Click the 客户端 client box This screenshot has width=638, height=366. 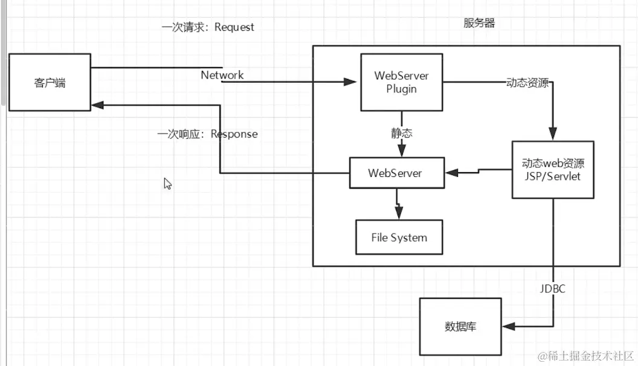coord(50,82)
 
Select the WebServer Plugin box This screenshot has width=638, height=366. coord(401,82)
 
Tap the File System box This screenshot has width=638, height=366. coord(399,237)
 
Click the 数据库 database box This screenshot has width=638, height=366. coord(460,326)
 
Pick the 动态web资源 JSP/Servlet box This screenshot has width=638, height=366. coord(553,170)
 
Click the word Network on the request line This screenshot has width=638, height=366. coord(222,75)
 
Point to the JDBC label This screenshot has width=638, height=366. coord(552,289)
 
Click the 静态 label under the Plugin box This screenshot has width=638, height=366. coord(401,133)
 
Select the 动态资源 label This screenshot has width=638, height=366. coord(527,83)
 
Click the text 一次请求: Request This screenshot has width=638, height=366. coord(208,27)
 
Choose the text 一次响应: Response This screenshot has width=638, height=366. coord(207,134)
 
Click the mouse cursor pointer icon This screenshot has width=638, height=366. coord(167,184)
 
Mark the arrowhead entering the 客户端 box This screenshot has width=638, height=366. coord(97,105)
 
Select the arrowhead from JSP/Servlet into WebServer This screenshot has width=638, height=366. coord(450,173)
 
